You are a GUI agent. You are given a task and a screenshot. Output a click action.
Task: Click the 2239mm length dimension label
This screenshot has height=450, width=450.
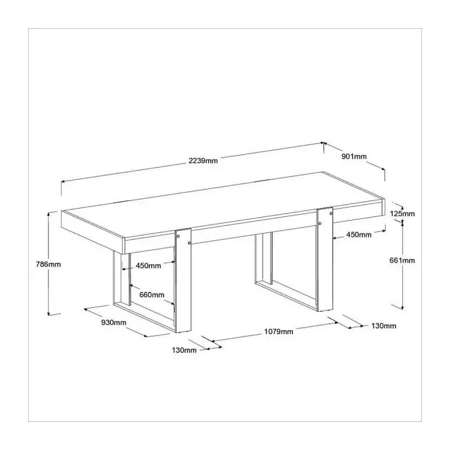point(203,161)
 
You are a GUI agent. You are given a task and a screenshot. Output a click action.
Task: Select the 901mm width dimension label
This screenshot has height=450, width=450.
point(354,156)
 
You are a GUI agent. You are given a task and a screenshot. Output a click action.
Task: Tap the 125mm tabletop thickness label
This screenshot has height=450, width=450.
point(402,214)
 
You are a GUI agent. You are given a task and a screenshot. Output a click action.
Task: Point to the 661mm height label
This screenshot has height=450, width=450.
point(402,260)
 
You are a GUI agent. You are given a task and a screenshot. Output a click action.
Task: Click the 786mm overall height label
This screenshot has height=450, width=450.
point(48,264)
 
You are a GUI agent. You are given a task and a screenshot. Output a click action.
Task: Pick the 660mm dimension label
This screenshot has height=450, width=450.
point(152,295)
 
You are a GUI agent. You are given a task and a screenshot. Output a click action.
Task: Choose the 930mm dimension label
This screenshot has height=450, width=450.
point(114,322)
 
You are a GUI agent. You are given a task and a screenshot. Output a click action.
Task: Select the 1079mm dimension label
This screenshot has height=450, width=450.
point(278,332)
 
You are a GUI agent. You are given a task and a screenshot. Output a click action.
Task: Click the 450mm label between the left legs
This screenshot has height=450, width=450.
point(148,265)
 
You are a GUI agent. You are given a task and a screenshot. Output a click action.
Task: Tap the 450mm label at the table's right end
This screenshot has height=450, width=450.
point(359,235)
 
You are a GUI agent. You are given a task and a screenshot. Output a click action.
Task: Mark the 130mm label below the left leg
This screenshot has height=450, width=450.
point(184,350)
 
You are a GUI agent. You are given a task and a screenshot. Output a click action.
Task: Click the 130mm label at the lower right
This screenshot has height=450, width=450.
point(384,326)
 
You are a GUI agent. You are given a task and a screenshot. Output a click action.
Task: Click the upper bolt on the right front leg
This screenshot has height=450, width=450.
point(331,214)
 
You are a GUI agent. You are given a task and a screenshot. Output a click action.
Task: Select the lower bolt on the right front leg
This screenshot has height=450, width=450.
point(320,223)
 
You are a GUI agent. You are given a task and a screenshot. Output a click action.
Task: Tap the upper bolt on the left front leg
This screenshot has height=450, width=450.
point(178,236)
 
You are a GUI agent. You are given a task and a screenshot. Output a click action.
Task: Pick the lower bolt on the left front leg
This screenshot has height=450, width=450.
point(189,244)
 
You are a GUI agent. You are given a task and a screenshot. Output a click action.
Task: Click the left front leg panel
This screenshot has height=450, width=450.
point(183,280)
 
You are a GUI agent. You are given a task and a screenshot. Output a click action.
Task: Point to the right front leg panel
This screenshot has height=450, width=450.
point(325,259)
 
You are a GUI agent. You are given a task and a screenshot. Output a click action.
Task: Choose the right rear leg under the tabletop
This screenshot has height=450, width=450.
point(263,258)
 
